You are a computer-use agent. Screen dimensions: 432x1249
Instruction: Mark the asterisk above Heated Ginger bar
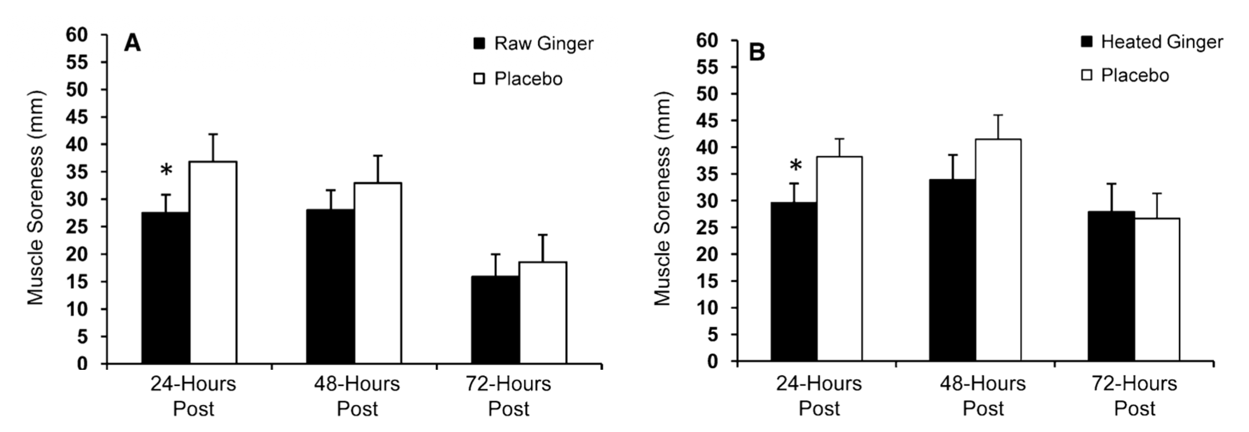(x=795, y=165)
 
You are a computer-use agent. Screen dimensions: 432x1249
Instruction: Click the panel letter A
(x=132, y=43)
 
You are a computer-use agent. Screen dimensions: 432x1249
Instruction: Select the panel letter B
(x=757, y=53)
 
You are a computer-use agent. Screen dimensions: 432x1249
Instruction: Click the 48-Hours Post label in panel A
(x=357, y=395)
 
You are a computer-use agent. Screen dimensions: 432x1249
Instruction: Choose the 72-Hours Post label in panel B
(x=1135, y=395)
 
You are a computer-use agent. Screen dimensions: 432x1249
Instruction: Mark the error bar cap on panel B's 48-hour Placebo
(x=998, y=115)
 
